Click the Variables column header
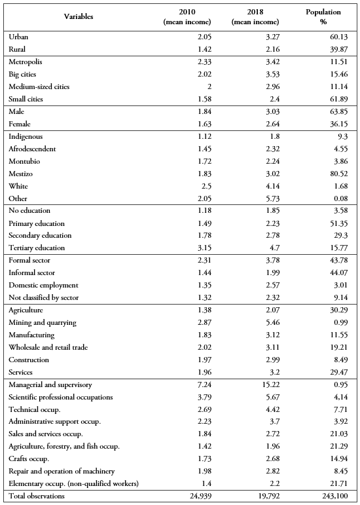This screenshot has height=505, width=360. point(79,17)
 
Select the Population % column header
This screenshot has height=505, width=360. point(323,17)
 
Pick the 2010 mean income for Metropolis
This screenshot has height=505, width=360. point(187,62)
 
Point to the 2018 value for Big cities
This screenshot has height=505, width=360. point(255,74)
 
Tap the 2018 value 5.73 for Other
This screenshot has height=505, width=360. point(255,198)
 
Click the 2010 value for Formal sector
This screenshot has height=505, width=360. point(187,260)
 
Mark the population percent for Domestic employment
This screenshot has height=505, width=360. point(323,285)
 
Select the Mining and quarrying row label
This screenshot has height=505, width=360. point(42,322)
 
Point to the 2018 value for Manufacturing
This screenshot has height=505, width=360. point(255,335)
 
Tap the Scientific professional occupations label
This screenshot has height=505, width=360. point(60,397)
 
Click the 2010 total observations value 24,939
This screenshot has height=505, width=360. point(183,496)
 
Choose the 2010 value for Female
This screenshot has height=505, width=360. point(187,124)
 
